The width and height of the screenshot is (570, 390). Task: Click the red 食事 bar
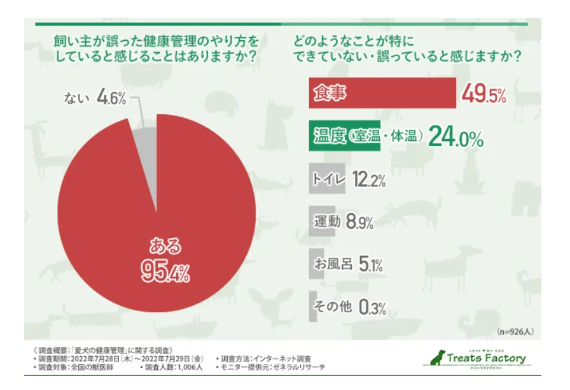(x=382, y=94)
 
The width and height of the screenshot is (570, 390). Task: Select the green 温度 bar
(x=344, y=136)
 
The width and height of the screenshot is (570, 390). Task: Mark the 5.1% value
(x=370, y=264)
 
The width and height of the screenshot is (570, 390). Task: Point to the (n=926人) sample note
(x=515, y=331)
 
